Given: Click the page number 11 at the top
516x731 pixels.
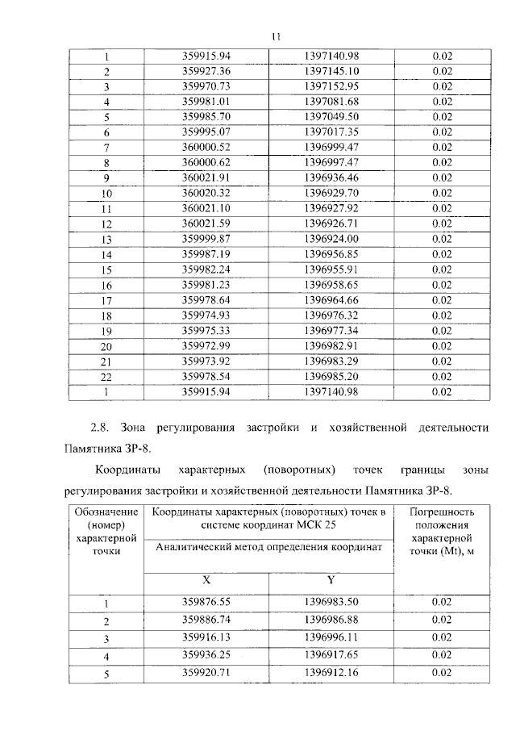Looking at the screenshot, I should (276, 36).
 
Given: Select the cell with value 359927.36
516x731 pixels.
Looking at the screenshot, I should (206, 71).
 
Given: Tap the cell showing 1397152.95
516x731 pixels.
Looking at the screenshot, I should (331, 86).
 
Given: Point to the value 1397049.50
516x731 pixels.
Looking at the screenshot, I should (331, 116).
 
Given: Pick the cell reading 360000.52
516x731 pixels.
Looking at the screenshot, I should (206, 147).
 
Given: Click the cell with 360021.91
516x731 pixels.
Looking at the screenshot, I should (206, 178).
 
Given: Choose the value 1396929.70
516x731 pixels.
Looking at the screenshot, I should (331, 193).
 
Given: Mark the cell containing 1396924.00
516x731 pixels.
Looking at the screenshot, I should (331, 239).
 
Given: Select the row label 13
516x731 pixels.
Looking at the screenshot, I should (106, 240).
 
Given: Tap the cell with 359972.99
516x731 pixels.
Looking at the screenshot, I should (206, 346).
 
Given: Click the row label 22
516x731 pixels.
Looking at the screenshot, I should (106, 377).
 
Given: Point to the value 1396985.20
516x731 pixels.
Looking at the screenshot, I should (331, 376).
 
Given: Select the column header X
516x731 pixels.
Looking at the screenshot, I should (206, 579).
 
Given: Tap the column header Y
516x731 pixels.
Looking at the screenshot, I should (331, 579).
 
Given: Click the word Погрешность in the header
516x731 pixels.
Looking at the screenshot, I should (441, 512).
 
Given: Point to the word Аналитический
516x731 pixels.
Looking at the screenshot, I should (193, 548).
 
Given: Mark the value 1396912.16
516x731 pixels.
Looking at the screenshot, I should (331, 671).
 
